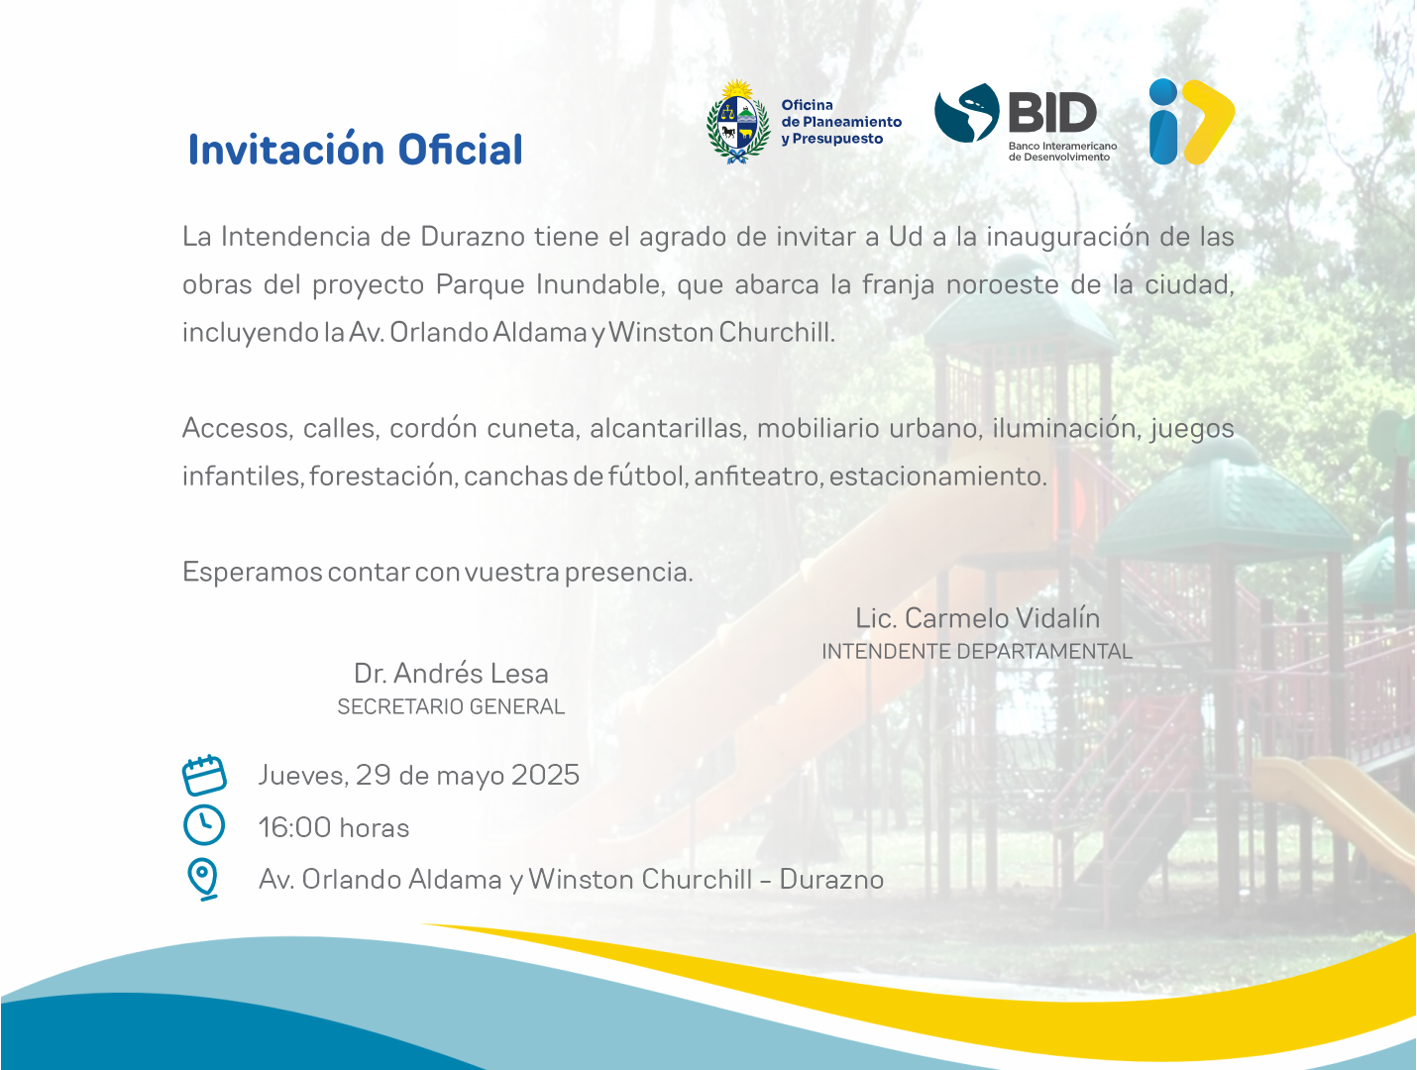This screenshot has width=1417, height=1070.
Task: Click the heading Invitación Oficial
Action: [355, 149]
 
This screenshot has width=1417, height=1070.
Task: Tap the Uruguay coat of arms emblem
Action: [738, 121]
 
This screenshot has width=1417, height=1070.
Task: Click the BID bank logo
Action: [1026, 122]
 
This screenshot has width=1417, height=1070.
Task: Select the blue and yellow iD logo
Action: [1192, 121]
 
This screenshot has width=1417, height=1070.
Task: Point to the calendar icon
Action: [204, 775]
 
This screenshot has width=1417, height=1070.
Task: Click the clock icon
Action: [204, 824]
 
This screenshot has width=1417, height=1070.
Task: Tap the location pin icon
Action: [203, 879]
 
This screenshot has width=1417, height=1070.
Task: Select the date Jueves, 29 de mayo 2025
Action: [419, 775]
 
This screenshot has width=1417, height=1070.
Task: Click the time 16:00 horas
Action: [334, 827]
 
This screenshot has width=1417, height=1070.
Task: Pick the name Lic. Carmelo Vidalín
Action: [977, 618]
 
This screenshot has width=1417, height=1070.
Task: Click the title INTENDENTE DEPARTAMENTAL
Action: [977, 652]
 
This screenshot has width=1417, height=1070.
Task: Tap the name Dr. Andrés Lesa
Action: [451, 673]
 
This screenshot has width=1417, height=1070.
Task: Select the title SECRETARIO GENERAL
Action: [451, 706]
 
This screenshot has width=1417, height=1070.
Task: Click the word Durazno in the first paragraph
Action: [473, 237]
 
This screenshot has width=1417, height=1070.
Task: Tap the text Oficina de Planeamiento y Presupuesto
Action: [841, 122]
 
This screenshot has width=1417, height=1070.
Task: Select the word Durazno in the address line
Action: [831, 880]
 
